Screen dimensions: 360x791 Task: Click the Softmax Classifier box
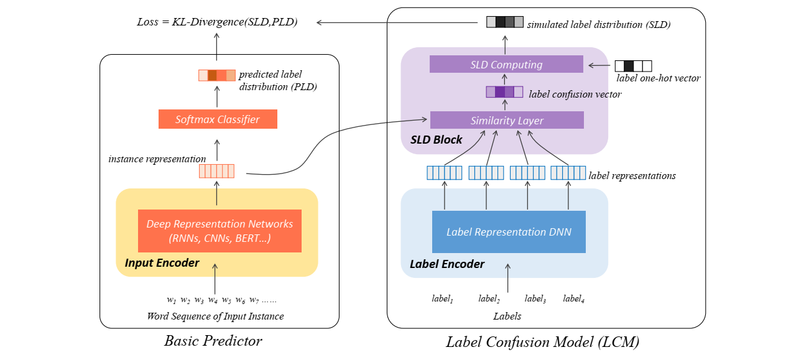pyautogui.click(x=218, y=119)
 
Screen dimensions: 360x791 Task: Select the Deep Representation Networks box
pyautogui.click(x=220, y=231)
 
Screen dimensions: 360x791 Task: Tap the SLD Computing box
pyautogui.click(x=506, y=64)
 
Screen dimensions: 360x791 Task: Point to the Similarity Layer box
pyautogui.click(x=507, y=120)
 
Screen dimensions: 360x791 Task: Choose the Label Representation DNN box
pyautogui.click(x=509, y=232)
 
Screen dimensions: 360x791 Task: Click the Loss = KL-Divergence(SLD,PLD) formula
pyautogui.click(x=217, y=22)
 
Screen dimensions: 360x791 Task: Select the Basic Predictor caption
pyautogui.click(x=213, y=341)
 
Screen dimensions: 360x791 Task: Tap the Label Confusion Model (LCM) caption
pyautogui.click(x=542, y=342)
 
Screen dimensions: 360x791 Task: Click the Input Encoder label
pyautogui.click(x=162, y=263)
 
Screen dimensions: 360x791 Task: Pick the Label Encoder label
pyautogui.click(x=447, y=264)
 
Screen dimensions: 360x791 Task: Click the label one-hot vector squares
pyautogui.click(x=633, y=66)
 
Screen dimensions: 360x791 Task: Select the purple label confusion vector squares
pyautogui.click(x=504, y=92)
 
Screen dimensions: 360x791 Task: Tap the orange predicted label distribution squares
pyautogui.click(x=217, y=75)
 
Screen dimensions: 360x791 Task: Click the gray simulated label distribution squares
pyautogui.click(x=505, y=22)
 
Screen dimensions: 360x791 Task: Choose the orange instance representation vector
pyautogui.click(x=216, y=171)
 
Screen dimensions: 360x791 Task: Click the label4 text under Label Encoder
pyautogui.click(x=573, y=298)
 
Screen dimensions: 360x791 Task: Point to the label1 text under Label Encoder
pyautogui.click(x=442, y=298)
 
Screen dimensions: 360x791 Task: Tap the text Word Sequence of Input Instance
pyautogui.click(x=215, y=316)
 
